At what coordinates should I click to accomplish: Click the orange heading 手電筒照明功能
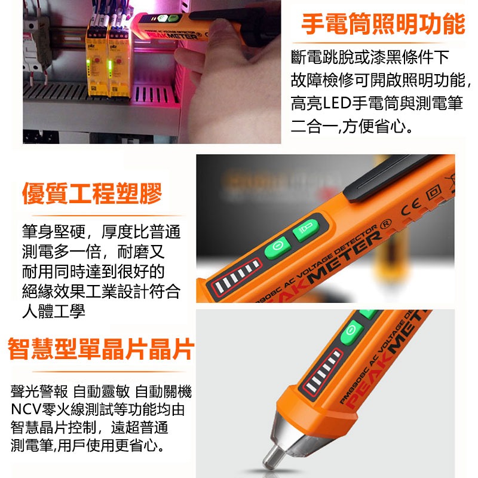(x=382, y=24)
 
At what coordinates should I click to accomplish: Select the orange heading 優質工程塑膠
(x=92, y=194)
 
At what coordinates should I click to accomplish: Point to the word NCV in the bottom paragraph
(x=24, y=410)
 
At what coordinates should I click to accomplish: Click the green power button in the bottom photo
(x=350, y=332)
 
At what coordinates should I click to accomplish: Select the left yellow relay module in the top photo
(x=97, y=60)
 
